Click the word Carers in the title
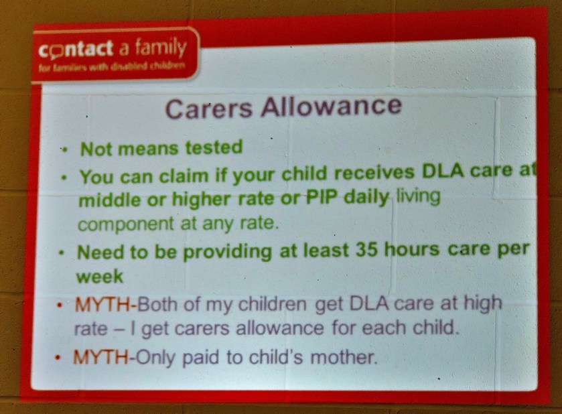(x=209, y=109)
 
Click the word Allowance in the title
(x=332, y=106)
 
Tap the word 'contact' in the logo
(x=76, y=50)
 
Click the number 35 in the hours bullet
(x=366, y=249)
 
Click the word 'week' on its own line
(x=100, y=277)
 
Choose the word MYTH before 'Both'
(x=103, y=305)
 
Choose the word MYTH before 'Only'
(x=101, y=357)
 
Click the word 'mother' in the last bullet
(x=344, y=357)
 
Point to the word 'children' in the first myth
(x=273, y=304)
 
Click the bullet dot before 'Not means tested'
(x=64, y=150)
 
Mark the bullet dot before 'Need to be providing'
(x=62, y=253)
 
